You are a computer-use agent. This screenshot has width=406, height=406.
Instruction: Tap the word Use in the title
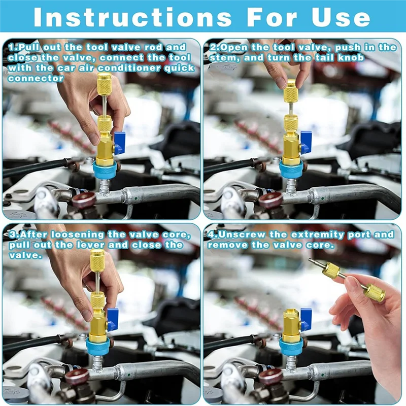tap(341, 17)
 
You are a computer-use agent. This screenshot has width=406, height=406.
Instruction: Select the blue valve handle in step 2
tap(306, 142)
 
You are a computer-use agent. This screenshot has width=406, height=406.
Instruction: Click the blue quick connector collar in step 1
tap(104, 171)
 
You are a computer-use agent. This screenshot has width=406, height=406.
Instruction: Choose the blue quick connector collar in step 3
tap(96, 348)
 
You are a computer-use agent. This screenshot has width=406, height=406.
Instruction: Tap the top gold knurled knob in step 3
tap(97, 260)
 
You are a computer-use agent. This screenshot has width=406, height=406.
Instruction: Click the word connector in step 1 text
tap(36, 78)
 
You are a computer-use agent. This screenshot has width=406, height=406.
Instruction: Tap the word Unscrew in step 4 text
tap(242, 234)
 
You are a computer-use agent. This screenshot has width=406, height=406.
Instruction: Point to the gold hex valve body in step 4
tap(291, 325)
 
